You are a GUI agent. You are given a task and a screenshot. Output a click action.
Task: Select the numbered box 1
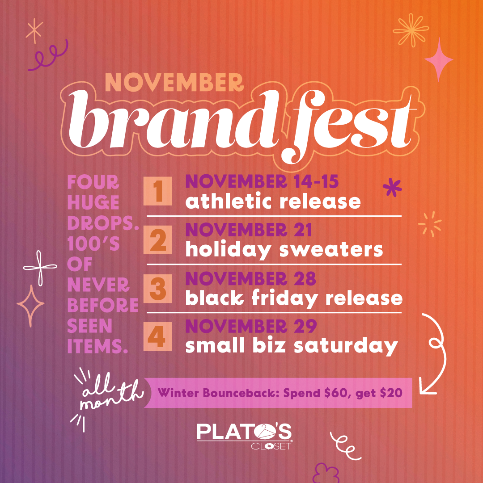(158, 191)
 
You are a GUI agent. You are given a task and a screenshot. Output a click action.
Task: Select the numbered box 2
(158, 242)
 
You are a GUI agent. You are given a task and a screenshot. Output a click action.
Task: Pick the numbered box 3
(158, 290)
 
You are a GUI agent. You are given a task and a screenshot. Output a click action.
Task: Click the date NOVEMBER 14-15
(262, 182)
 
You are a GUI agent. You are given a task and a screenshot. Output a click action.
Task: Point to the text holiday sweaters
(284, 250)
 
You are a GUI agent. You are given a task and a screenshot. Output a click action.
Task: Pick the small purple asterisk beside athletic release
(393, 187)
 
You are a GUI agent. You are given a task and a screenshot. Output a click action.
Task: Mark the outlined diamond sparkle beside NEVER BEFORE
(30, 306)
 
